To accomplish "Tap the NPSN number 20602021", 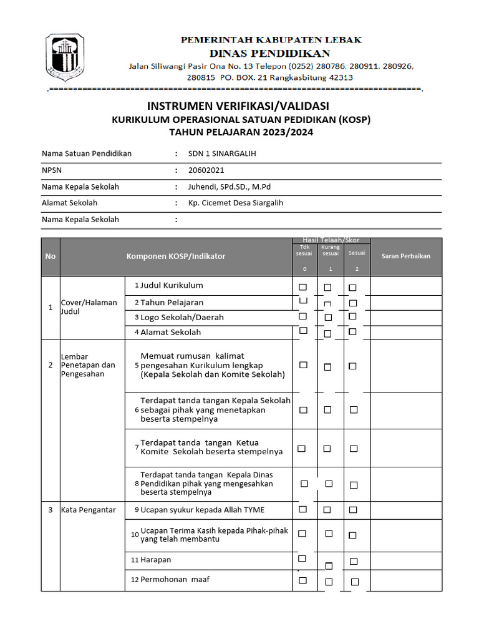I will click(206, 170).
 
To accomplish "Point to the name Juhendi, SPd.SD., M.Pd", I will click(230, 187).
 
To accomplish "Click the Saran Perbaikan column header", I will click(406, 256).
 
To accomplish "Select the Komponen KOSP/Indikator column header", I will click(176, 256).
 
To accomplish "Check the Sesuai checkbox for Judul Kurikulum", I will click(352, 288).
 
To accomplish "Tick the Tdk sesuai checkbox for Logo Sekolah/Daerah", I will click(303, 317).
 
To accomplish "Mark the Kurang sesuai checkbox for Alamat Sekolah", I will click(328, 332).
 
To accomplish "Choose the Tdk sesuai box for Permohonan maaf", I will click(302, 580).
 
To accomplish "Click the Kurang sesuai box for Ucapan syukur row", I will click(327, 510).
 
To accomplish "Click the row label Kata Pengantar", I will click(88, 510).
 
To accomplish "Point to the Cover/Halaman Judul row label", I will click(89, 307).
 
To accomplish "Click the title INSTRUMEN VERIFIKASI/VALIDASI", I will click(238, 106).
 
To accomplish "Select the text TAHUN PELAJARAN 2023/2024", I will click(241, 132).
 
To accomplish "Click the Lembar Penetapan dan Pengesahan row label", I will click(88, 365).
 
